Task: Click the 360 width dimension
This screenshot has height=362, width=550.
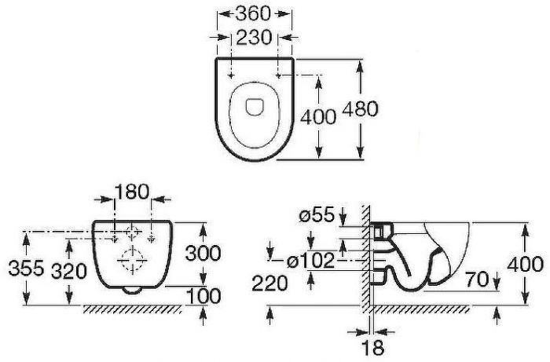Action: click(253, 14)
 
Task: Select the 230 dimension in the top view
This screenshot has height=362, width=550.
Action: click(254, 37)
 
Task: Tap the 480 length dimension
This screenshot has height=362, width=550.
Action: click(360, 108)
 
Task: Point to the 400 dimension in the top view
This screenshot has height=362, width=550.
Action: click(317, 117)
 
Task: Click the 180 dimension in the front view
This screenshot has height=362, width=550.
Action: click(132, 192)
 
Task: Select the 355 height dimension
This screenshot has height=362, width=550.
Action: click(26, 269)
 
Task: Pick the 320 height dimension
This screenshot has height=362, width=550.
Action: click(69, 271)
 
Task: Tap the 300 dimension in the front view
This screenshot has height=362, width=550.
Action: click(203, 253)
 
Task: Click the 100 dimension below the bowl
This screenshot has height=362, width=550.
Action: click(203, 297)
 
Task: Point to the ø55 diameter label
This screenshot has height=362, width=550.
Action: click(317, 214)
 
